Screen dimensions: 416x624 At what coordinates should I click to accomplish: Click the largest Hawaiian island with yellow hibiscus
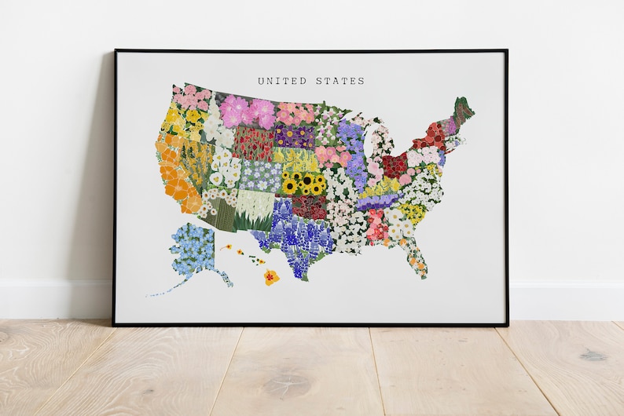(271, 276)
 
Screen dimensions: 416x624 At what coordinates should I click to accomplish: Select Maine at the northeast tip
(461, 111)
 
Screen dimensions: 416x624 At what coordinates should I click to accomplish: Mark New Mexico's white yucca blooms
(254, 210)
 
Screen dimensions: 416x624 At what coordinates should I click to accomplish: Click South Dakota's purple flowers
(294, 137)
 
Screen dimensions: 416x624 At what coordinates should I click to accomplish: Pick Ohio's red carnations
(395, 165)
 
